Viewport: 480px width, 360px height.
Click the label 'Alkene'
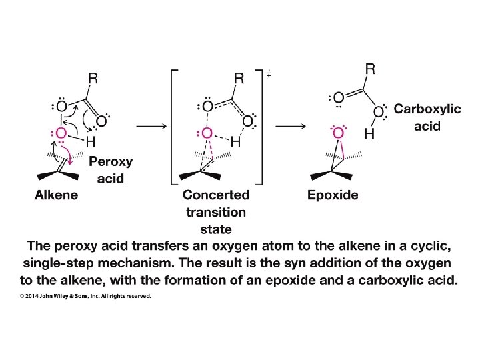[x=56, y=195]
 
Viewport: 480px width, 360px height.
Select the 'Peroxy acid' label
[x=110, y=169]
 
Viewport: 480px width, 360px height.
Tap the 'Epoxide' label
[x=333, y=195]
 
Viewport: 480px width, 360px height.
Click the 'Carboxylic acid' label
[x=427, y=117]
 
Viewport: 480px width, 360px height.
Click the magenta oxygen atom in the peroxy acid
[x=61, y=133]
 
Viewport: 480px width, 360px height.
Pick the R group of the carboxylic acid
[x=370, y=69]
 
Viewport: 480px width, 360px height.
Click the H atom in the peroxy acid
[x=89, y=141]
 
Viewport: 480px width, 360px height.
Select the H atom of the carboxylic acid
[x=369, y=135]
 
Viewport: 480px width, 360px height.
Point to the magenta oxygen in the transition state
[x=207, y=133]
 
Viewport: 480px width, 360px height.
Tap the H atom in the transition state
[x=235, y=141]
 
